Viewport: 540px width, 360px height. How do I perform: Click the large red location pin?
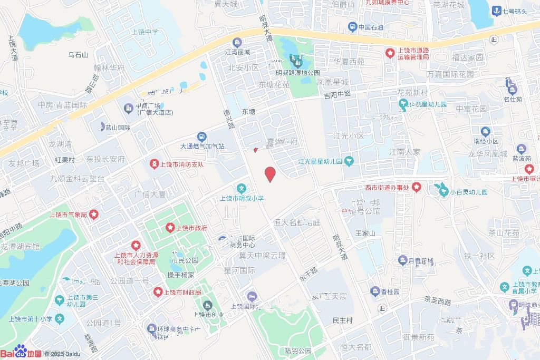(x=270, y=174)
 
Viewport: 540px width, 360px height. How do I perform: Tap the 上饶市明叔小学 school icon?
(x=242, y=188)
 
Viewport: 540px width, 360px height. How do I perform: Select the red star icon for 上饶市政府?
(x=170, y=228)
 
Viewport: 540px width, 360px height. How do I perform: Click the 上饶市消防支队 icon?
(x=154, y=164)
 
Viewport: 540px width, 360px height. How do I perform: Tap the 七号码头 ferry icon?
(x=496, y=11)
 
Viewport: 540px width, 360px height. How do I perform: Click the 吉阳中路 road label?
(x=337, y=95)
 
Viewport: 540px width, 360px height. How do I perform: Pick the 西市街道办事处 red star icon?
(x=417, y=187)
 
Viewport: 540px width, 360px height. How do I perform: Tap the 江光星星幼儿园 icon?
(x=349, y=161)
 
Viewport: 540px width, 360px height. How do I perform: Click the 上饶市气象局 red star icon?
(x=93, y=214)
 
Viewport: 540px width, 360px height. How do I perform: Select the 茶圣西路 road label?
(x=437, y=301)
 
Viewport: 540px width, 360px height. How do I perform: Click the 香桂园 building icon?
(x=375, y=291)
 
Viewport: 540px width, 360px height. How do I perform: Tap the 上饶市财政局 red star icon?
(x=157, y=291)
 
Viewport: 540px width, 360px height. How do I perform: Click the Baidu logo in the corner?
(x=21, y=353)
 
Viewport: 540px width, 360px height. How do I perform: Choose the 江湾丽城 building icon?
(x=237, y=43)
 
